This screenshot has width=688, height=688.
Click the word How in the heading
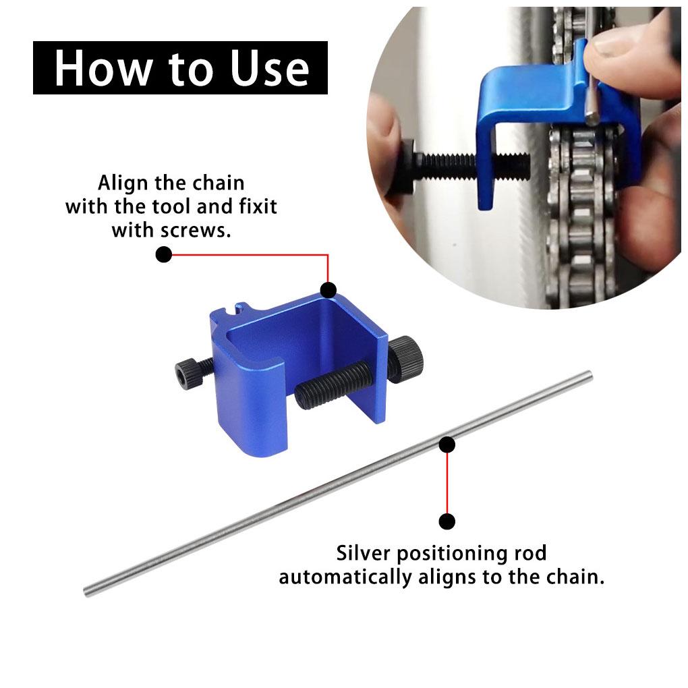pos(98,68)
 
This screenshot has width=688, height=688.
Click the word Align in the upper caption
pos(122,183)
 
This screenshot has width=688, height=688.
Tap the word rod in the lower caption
pos(525,554)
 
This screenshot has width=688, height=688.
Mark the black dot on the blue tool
pos(328,290)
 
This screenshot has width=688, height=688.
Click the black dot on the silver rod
pos(447,444)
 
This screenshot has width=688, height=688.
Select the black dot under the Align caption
pos(164,255)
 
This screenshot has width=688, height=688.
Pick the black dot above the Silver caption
pos(447,521)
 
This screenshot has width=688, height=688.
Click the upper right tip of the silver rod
pos(589,374)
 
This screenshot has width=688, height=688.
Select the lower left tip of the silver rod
pos(88,593)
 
